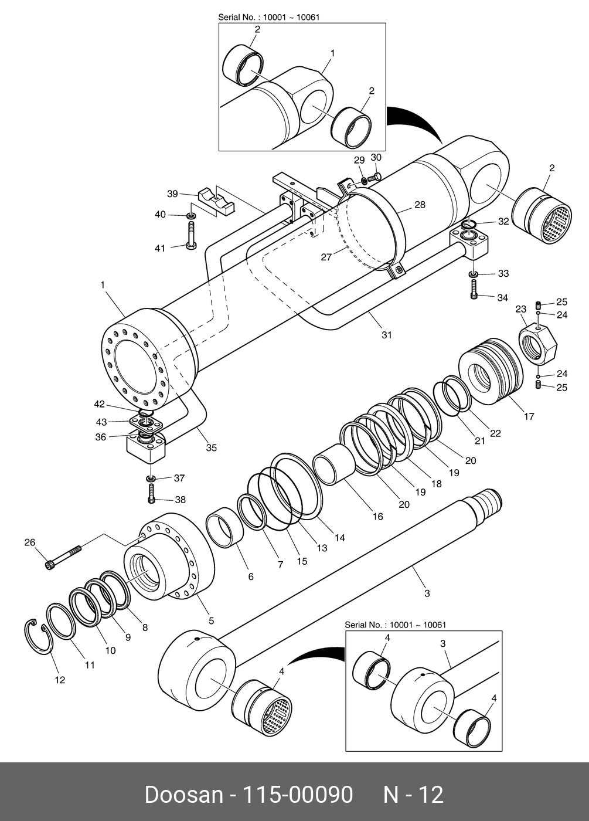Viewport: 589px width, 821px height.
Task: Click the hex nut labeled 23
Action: point(538,345)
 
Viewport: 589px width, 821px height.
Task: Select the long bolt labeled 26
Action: point(63,557)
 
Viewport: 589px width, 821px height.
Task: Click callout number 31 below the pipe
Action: point(387,335)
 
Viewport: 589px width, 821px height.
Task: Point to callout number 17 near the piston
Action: point(529,416)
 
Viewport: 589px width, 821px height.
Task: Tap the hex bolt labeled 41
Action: point(192,236)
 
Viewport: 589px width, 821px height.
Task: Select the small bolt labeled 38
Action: point(151,494)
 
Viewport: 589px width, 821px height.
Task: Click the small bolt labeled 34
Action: point(474,290)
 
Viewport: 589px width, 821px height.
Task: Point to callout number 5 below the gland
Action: point(212,620)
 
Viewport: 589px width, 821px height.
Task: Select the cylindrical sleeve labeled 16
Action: point(335,464)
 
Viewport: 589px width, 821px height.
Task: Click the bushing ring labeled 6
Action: point(225,528)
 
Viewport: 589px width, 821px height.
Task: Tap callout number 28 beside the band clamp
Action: point(420,205)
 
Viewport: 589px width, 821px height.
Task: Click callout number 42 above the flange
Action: point(99,404)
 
